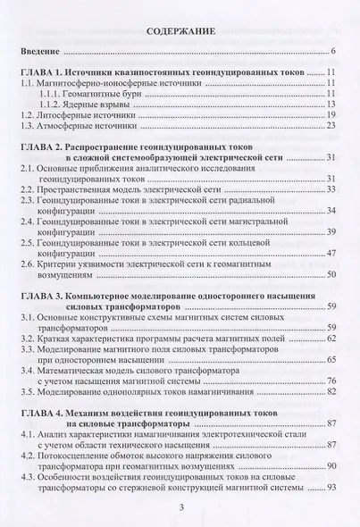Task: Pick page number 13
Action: pyautogui.click(x=331, y=115)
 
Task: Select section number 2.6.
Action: pyautogui.click(x=31, y=292)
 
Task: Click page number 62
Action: pyautogui.click(x=331, y=365)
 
